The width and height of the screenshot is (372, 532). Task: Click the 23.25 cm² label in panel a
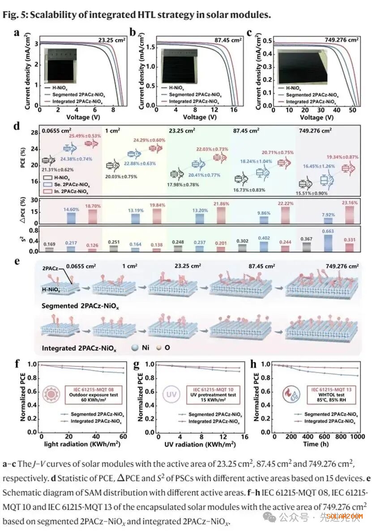pos(112,40)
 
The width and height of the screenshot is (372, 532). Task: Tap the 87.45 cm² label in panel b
pos(228,40)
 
